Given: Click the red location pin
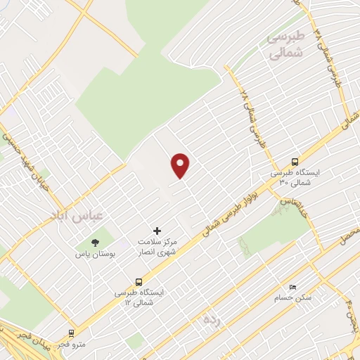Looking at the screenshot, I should [x=181, y=165].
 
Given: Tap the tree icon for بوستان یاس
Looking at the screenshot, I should [x=95, y=243].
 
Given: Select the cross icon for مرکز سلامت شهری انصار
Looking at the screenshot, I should [x=157, y=231].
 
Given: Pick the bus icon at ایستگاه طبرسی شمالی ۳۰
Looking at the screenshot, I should [x=295, y=161].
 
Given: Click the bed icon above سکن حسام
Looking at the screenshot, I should [x=293, y=286].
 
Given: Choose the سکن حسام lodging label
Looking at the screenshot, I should [x=293, y=298].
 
